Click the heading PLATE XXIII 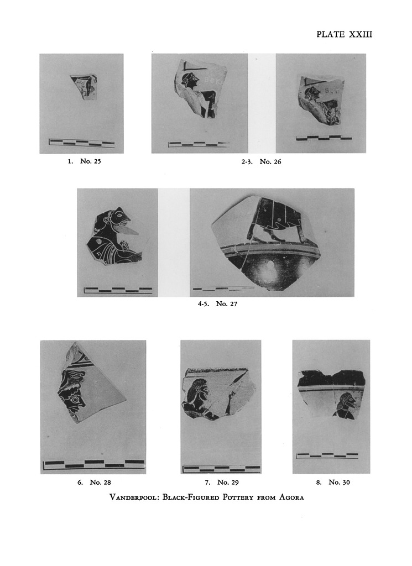[x=344, y=34]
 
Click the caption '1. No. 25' [x=85, y=161]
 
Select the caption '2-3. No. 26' [x=261, y=162]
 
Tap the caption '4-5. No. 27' [x=217, y=303]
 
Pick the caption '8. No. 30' [x=333, y=482]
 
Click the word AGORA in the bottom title [x=292, y=497]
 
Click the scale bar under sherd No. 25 [x=82, y=143]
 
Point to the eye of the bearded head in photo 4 [x=119, y=214]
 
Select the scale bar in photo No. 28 [x=93, y=464]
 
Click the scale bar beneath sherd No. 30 [x=327, y=455]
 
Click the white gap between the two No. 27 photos [x=174, y=242]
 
